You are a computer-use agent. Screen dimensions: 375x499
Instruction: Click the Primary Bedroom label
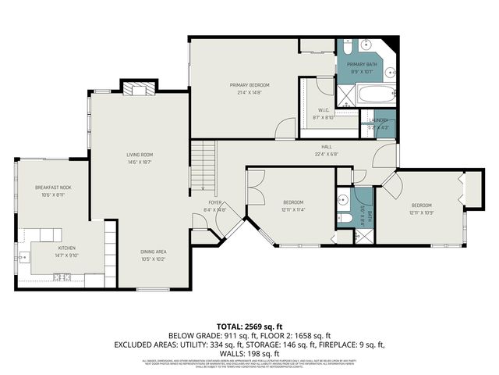point(249,84)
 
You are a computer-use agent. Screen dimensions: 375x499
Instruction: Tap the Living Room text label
point(140,155)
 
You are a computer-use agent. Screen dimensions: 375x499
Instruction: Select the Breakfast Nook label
point(48,188)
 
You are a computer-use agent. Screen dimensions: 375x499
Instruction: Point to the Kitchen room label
point(66,248)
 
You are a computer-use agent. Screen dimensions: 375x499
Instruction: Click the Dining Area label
point(153,251)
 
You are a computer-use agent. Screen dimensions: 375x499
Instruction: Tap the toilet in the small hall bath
point(344,218)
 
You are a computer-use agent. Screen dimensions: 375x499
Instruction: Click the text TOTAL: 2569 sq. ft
point(249,326)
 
